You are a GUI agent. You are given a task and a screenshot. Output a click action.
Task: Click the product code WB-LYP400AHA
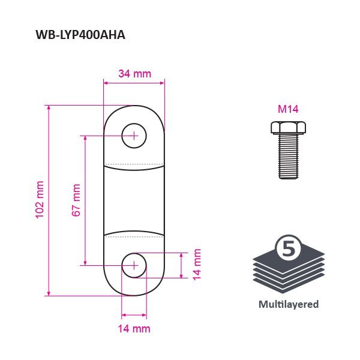tap(80, 35)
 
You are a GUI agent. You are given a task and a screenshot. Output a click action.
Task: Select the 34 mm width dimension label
tap(135, 74)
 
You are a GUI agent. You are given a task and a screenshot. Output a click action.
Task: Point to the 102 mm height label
tap(40, 200)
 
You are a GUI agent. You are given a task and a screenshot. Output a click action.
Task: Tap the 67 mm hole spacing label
tap(76, 200)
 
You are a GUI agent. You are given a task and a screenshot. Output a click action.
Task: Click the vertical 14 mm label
tap(197, 265)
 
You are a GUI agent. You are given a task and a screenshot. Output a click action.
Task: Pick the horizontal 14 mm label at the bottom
tap(134, 329)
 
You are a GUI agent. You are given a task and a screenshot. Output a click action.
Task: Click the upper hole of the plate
tap(134, 136)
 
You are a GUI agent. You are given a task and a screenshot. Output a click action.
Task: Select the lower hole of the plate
tap(134, 266)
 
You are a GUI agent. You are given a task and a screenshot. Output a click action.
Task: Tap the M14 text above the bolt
tap(288, 109)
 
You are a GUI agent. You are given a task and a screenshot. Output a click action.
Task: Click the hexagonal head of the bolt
tap(288, 128)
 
